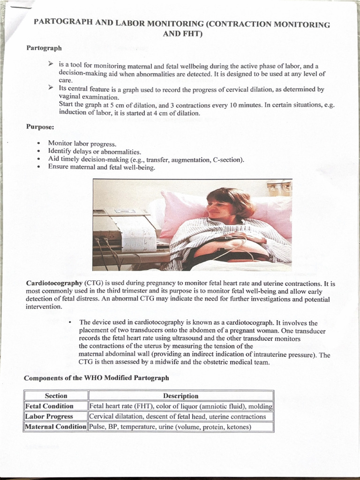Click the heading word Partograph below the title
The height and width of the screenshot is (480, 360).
coord(44,48)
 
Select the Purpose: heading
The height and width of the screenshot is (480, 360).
coord(40,127)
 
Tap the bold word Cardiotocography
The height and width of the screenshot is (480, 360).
coord(54,283)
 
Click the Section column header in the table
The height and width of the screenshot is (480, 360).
coord(56,396)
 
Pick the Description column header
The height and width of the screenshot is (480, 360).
coord(180,396)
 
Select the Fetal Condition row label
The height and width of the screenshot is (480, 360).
coord(49,406)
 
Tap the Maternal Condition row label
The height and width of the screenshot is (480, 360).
coord(56,427)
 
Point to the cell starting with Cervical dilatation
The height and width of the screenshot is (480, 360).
coord(177,416)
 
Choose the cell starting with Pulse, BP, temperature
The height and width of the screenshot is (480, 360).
coord(170,427)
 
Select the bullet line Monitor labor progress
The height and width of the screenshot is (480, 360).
coord(82,143)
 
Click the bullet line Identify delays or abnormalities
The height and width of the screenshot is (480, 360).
coord(94,151)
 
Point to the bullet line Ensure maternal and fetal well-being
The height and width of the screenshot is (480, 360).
coord(101,167)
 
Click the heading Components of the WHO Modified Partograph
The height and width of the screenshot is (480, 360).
coord(97,377)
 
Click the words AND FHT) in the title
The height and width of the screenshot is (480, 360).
coord(182,34)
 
